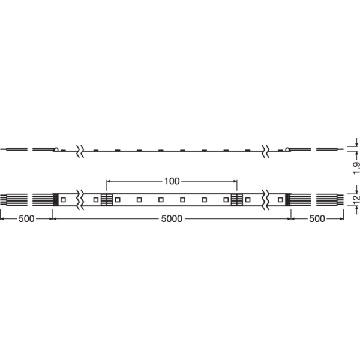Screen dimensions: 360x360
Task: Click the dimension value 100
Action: (172, 181)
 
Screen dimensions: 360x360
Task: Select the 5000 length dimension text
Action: (172, 219)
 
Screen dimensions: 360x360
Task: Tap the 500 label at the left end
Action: (26, 219)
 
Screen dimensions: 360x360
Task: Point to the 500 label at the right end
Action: (317, 219)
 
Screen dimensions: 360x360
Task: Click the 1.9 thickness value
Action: (356, 168)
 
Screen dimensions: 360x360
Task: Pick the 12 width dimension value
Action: (356, 200)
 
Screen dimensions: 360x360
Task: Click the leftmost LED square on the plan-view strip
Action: (63, 200)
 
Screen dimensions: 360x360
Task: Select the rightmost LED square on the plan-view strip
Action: (280, 200)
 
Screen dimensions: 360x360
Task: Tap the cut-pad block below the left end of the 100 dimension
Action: (107, 200)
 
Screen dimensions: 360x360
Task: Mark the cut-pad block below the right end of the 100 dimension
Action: (237, 200)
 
